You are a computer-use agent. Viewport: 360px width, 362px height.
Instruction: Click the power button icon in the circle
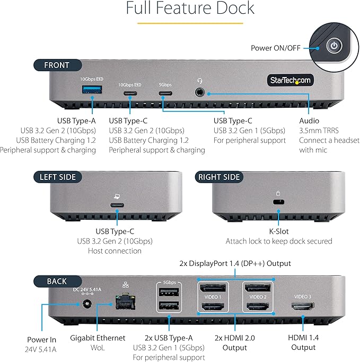333,46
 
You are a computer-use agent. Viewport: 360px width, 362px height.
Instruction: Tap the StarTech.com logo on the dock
289,80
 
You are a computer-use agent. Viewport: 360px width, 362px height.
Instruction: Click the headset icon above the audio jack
200,81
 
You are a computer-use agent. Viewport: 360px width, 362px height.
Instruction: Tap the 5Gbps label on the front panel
165,84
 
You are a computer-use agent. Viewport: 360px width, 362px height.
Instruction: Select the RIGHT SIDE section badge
218,177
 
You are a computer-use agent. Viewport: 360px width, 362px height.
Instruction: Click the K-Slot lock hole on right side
276,202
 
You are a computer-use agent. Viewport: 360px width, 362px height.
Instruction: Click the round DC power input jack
85,304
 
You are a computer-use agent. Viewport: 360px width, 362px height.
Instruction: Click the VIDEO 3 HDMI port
302,306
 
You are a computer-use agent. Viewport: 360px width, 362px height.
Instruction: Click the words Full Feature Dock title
190,9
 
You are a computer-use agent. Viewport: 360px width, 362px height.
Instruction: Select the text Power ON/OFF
275,48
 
